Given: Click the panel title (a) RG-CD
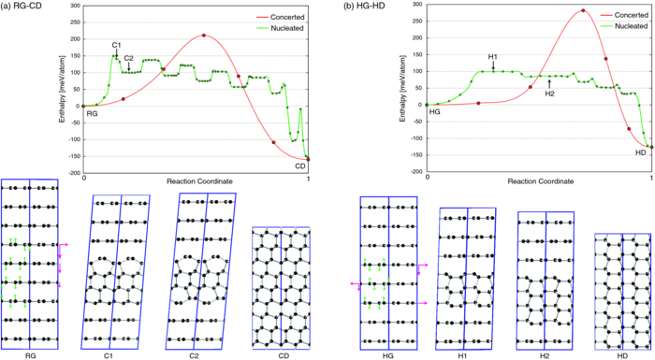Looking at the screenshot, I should [26, 7].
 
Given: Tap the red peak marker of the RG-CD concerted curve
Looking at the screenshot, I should [203, 36].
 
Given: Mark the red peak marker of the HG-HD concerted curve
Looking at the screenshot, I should [582, 11].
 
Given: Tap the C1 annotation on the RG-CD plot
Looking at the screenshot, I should [116, 45].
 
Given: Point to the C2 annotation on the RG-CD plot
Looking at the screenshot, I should [129, 57].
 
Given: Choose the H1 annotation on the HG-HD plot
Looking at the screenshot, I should [493, 57].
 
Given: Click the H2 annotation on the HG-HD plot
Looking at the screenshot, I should [549, 94].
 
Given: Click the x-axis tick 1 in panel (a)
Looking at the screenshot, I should [309, 175].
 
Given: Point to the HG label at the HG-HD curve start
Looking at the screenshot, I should [434, 112].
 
